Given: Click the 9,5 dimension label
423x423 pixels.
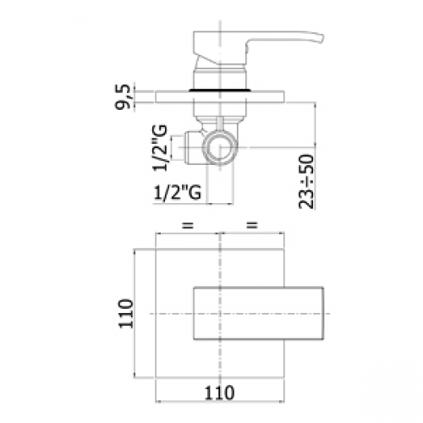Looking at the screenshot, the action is tap(123, 96).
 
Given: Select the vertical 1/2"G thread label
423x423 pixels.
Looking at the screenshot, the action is tap(160, 148).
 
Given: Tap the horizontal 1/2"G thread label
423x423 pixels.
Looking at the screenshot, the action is tap(178, 193).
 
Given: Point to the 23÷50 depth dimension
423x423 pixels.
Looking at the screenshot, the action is tap(306, 182).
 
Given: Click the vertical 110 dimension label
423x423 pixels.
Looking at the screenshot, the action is tap(125, 313).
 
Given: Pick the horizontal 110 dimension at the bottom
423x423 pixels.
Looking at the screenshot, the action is tap(219, 393).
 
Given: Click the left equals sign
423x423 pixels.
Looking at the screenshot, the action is tap(188, 225).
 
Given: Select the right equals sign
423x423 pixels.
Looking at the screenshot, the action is tap(252, 225).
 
